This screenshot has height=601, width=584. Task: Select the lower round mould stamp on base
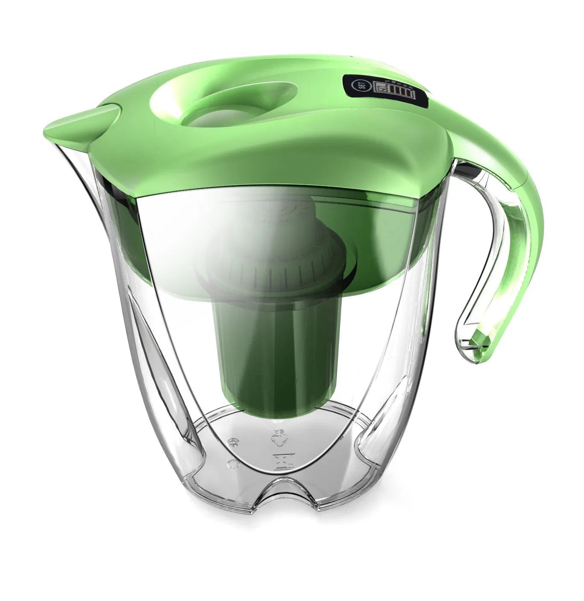click(233, 464)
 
